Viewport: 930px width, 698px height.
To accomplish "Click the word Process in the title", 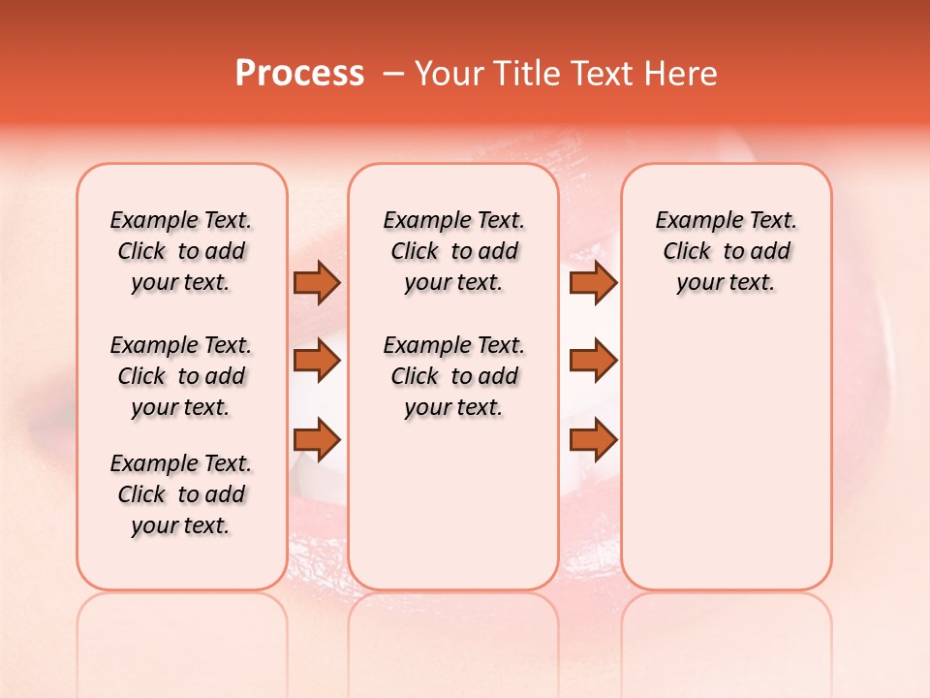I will tap(299, 74).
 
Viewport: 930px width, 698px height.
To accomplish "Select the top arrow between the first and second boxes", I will tap(317, 282).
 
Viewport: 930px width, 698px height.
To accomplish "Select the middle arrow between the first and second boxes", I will tap(317, 361).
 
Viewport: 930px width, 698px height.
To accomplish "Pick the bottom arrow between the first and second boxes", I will tap(317, 439).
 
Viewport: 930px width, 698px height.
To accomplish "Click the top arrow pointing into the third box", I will tap(593, 282).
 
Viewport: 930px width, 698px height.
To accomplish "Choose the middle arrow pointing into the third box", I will tap(593, 361).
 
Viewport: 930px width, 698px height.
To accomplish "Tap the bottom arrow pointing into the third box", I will tap(593, 439).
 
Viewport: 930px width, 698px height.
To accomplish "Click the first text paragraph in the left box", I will tap(181, 251).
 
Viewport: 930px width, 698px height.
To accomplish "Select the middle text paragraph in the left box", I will tap(181, 376).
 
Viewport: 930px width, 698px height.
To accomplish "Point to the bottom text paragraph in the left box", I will tap(181, 494).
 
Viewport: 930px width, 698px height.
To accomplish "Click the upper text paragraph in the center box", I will tap(453, 251).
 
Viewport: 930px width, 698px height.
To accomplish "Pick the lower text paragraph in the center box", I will tap(453, 376).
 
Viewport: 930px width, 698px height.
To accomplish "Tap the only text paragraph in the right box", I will tap(726, 251).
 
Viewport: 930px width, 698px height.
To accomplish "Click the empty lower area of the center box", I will tap(453, 504).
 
